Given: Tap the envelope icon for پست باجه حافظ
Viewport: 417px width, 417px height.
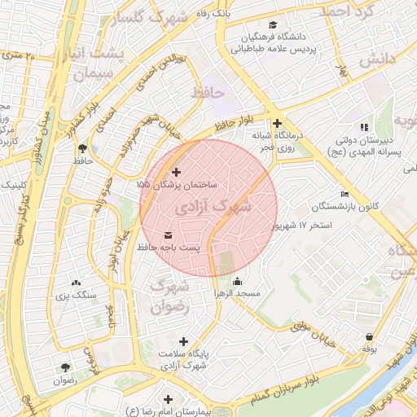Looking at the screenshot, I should [x=168, y=235].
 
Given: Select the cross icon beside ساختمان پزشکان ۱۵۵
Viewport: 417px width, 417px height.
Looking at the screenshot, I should [x=177, y=172].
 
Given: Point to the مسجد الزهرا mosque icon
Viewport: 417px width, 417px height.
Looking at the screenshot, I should [x=236, y=282].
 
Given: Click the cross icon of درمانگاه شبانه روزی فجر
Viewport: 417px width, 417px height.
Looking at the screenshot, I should [x=278, y=123].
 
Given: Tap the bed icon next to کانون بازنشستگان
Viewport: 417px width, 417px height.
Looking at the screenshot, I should [x=345, y=194].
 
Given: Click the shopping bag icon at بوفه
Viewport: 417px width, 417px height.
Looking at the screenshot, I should [x=371, y=336].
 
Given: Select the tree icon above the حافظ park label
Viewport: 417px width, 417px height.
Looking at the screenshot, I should [x=82, y=148].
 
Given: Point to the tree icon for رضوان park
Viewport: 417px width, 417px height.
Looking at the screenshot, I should [x=64, y=367].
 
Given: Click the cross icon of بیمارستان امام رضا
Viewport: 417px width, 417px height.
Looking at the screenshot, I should [x=169, y=399].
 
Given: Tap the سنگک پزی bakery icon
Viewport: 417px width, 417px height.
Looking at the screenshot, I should [x=77, y=282].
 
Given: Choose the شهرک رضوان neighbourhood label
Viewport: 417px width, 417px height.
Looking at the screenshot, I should [x=170, y=296].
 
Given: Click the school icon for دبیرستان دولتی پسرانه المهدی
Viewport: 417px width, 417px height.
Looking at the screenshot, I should [x=364, y=127].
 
